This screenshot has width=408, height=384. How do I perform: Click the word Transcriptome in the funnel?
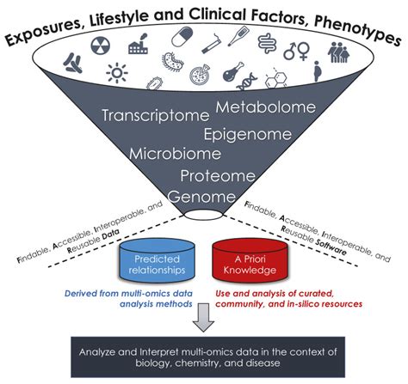tap(154, 115)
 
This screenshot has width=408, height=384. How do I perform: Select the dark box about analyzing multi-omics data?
tap(203, 357)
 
